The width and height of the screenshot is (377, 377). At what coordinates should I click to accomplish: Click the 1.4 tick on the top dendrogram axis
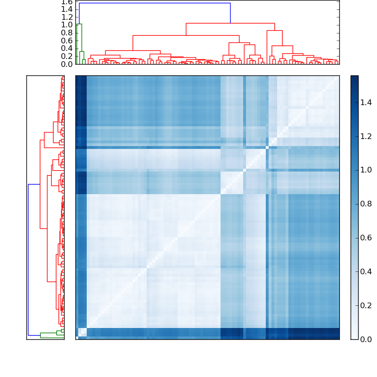(67, 9)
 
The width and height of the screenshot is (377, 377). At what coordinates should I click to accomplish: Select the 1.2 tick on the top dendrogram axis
(67, 17)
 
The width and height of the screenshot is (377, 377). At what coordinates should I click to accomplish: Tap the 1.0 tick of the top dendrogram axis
(67, 25)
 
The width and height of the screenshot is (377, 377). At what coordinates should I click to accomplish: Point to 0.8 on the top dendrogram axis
(67, 33)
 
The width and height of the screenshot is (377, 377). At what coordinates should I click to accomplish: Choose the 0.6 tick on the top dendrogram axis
(67, 41)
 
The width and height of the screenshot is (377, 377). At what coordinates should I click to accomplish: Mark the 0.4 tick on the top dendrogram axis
(67, 49)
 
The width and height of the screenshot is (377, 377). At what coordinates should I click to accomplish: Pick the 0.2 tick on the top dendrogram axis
(67, 56)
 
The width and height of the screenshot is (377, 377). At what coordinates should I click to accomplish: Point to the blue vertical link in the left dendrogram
(28, 259)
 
